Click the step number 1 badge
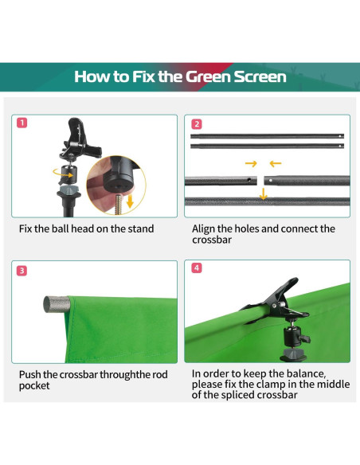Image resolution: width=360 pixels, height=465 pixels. pyautogui.click(x=22, y=123)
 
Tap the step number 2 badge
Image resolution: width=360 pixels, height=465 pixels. pyautogui.click(x=197, y=124)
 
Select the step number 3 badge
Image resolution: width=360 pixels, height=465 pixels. pyautogui.click(x=22, y=271)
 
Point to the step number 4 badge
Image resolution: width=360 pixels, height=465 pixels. pyautogui.click(x=197, y=268)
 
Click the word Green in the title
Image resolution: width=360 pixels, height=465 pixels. pyautogui.click(x=208, y=76)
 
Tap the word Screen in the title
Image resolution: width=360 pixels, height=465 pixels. pyautogui.click(x=260, y=76)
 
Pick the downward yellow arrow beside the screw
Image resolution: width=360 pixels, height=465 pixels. pyautogui.click(x=130, y=201)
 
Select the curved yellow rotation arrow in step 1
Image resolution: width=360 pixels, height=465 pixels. pyautogui.click(x=62, y=174)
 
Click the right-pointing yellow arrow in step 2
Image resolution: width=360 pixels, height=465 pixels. pyautogui.click(x=251, y=163)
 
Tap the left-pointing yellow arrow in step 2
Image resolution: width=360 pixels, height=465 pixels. pyautogui.click(x=276, y=163)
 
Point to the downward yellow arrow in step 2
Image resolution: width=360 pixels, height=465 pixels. pyautogui.click(x=263, y=193)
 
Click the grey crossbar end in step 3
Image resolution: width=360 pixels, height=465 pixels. pyautogui.click(x=57, y=304)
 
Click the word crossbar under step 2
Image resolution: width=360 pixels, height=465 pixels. pyautogui.click(x=212, y=240)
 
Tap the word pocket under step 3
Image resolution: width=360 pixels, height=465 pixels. pyautogui.click(x=34, y=386)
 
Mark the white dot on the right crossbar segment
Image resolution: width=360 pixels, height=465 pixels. pyautogui.click(x=271, y=180)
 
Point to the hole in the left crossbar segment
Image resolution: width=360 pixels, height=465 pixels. pyautogui.click(x=249, y=179)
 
